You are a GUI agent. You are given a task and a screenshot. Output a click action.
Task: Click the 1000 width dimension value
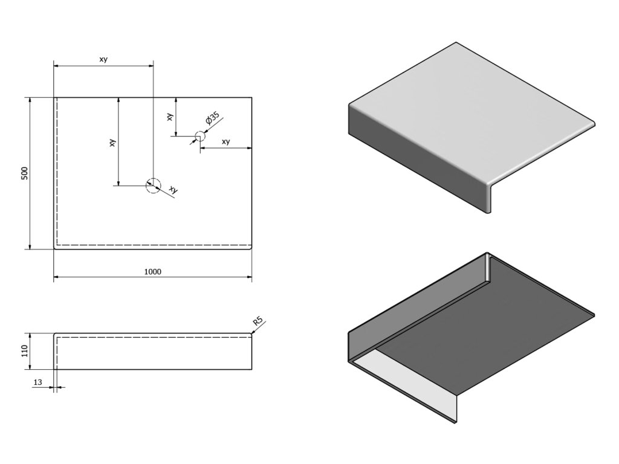tap(153, 272)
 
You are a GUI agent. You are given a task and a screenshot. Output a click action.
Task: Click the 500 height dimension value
tap(25, 173)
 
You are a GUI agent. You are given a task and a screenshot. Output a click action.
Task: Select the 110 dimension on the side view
tap(25, 351)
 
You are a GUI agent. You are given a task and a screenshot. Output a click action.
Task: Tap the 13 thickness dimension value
tap(38, 382)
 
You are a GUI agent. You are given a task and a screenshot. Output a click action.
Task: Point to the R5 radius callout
tap(259, 322)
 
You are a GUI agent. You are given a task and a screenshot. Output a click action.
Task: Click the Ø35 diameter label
tap(212, 119)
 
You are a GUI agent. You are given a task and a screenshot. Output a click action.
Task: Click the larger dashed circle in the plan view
tap(154, 185)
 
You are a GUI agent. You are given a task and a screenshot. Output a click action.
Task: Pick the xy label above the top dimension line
tap(103, 59)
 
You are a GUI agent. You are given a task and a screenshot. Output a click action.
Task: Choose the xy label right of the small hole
tap(225, 142)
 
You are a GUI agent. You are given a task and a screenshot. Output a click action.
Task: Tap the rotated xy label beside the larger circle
tap(173, 190)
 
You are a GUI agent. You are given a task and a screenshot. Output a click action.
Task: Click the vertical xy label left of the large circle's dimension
tap(113, 143)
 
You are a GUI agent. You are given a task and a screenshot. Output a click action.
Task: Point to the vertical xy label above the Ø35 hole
tap(170, 116)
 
